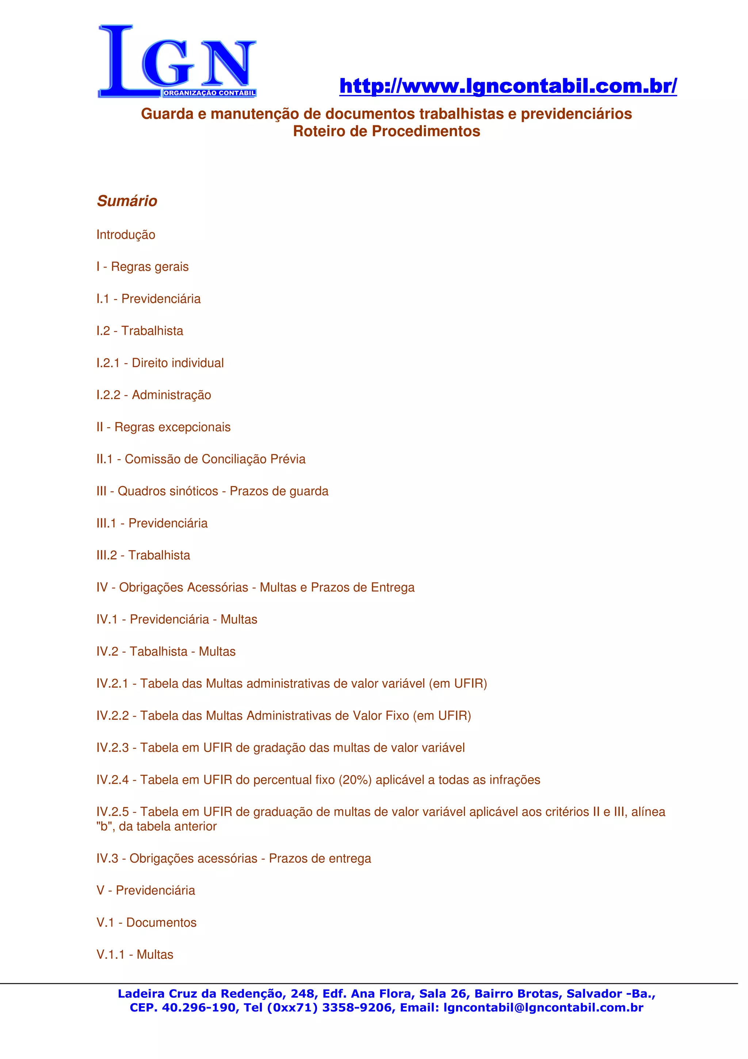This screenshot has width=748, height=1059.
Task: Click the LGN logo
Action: [x=177, y=61]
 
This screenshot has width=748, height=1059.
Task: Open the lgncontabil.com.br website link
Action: [x=508, y=86]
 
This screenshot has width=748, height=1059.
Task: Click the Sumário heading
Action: [x=127, y=201]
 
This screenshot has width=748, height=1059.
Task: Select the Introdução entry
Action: [x=126, y=235]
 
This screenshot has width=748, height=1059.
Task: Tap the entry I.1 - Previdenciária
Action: [x=148, y=299]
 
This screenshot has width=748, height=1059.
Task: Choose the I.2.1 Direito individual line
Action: [x=160, y=363]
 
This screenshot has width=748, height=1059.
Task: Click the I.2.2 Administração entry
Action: [x=153, y=395]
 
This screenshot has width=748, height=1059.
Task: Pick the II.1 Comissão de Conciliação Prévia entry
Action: [x=201, y=459]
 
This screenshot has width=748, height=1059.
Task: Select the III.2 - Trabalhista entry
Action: [x=143, y=555]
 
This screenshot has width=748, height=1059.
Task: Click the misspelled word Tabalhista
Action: [x=158, y=651]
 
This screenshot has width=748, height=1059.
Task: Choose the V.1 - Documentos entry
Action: [x=146, y=922]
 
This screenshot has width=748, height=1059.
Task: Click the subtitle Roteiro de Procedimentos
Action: [x=386, y=132]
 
